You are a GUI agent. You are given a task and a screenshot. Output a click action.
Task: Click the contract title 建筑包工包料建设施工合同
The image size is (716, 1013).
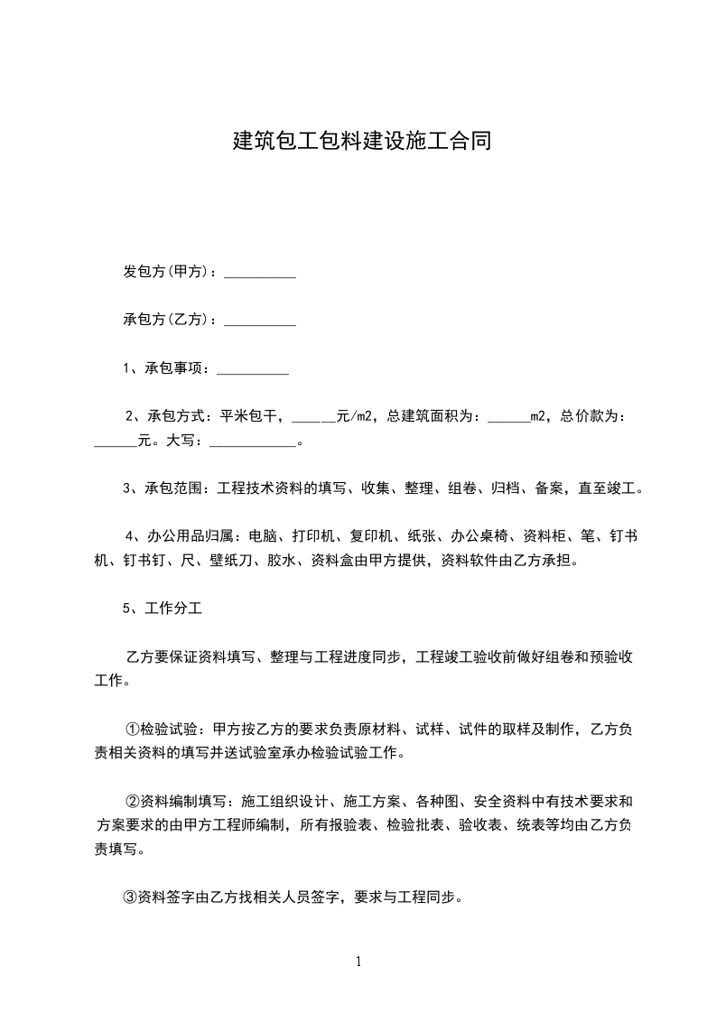(x=362, y=141)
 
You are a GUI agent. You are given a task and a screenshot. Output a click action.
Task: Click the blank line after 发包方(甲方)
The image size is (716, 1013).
(x=260, y=275)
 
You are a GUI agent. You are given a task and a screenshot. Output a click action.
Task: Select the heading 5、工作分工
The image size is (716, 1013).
(x=163, y=609)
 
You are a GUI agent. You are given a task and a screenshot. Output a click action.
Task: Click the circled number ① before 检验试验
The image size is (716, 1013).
(x=131, y=730)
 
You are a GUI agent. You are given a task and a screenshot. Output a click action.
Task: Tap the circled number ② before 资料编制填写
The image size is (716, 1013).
(x=131, y=801)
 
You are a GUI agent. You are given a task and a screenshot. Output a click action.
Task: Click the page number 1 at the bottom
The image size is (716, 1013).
(x=358, y=962)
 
